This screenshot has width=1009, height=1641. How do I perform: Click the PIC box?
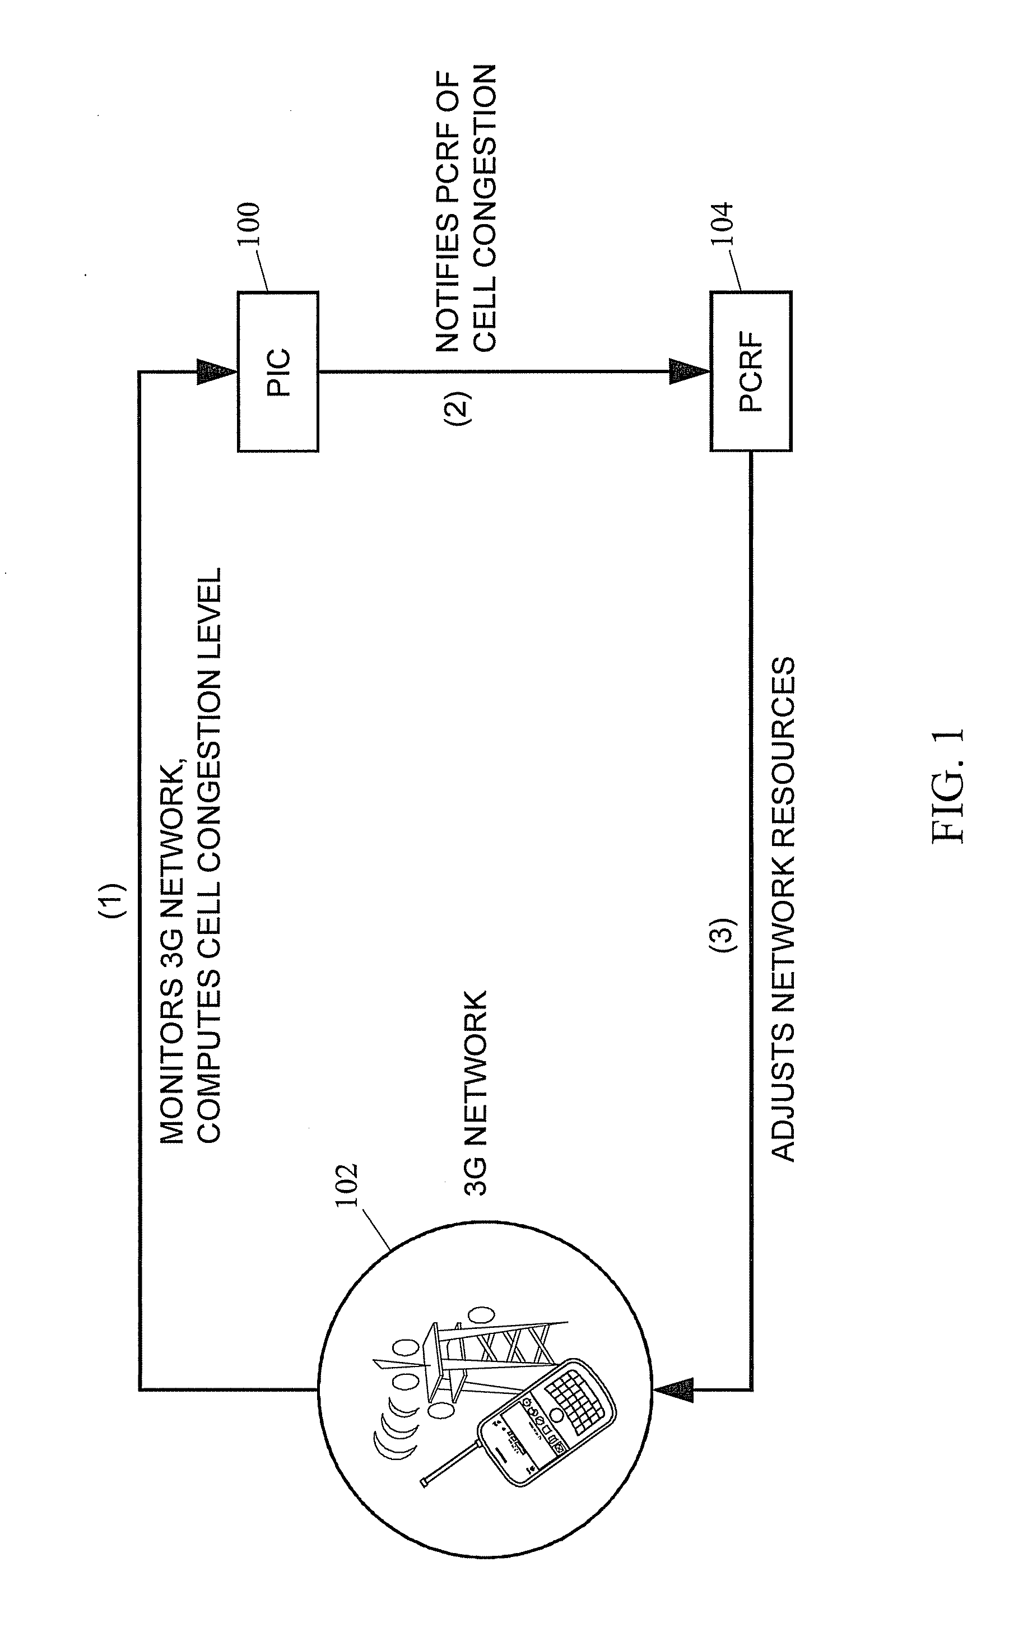(x=278, y=371)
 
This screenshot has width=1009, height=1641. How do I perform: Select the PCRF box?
(x=751, y=371)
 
